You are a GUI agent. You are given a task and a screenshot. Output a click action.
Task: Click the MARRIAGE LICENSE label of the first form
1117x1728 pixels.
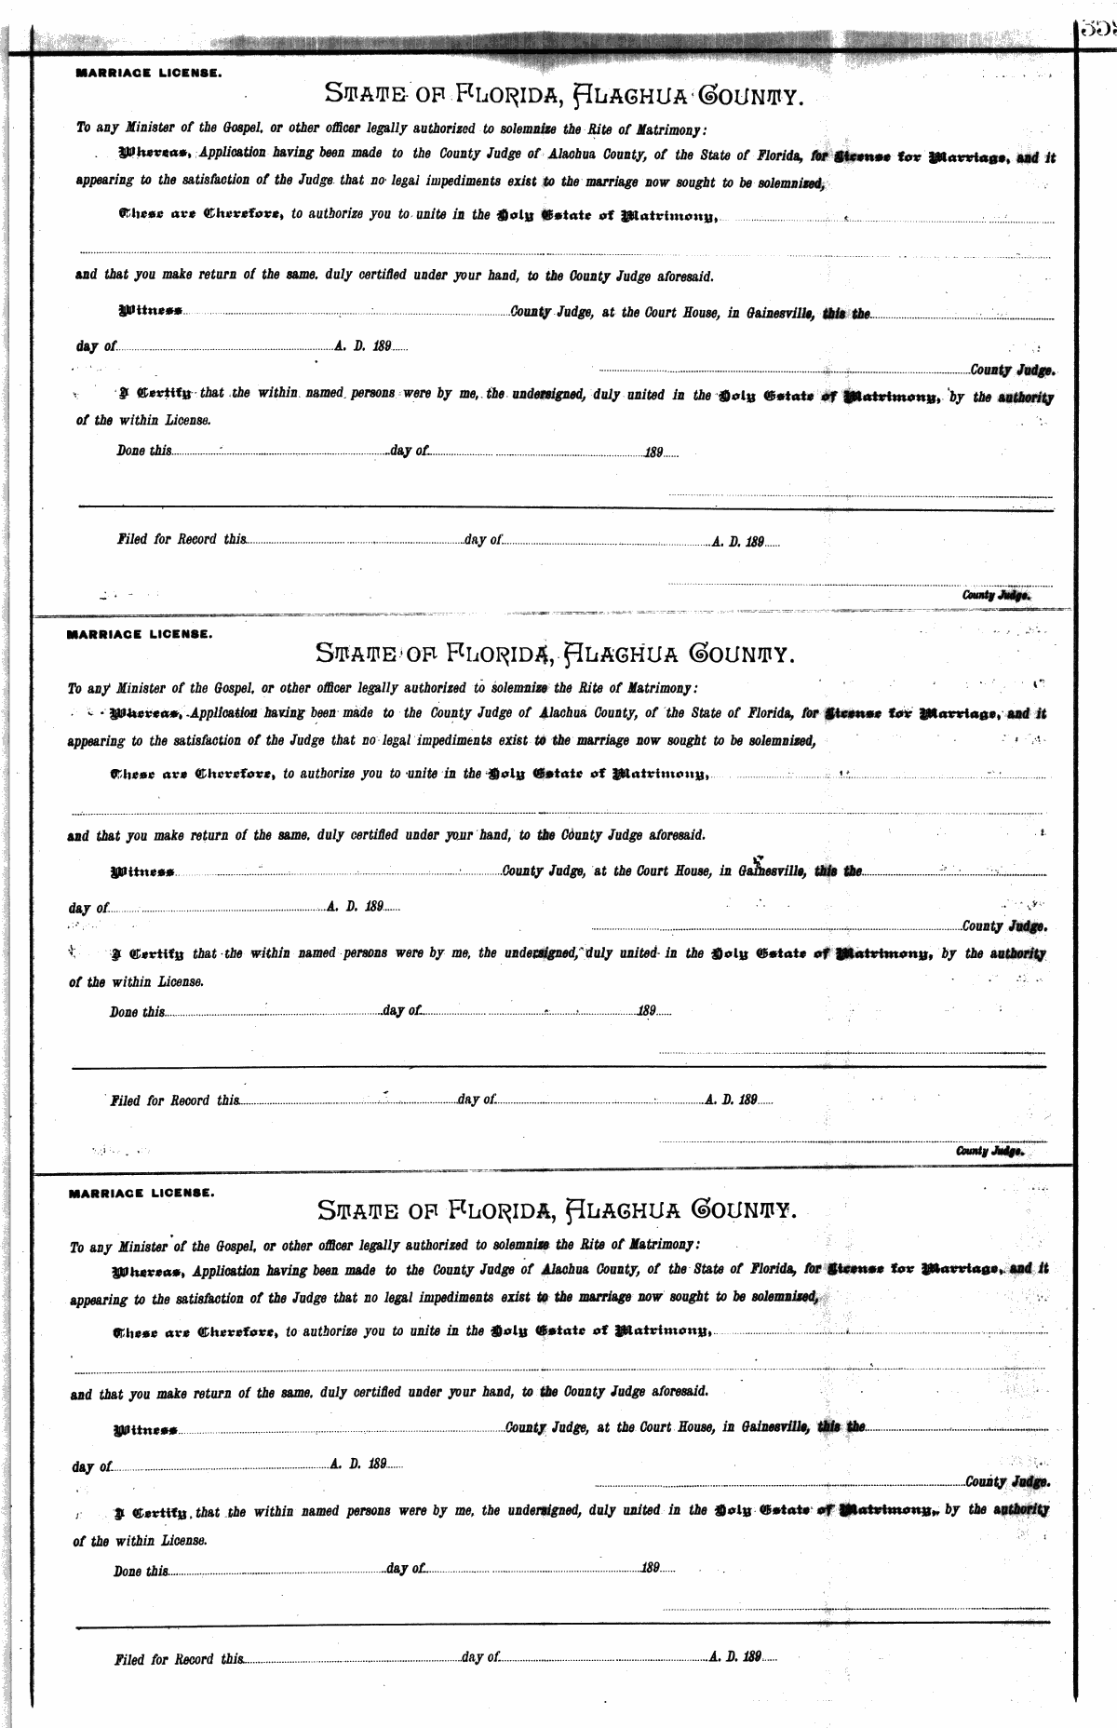pyautogui.click(x=148, y=71)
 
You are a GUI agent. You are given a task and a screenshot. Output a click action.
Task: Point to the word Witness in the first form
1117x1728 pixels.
pyautogui.click(x=149, y=314)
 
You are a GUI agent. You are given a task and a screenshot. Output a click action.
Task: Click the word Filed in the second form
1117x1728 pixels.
pyautogui.click(x=125, y=1100)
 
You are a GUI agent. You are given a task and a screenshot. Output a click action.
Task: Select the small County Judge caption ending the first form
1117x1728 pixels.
pyautogui.click(x=996, y=594)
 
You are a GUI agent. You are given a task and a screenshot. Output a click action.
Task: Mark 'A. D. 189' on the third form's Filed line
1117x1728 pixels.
pyautogui.click(x=736, y=1656)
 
